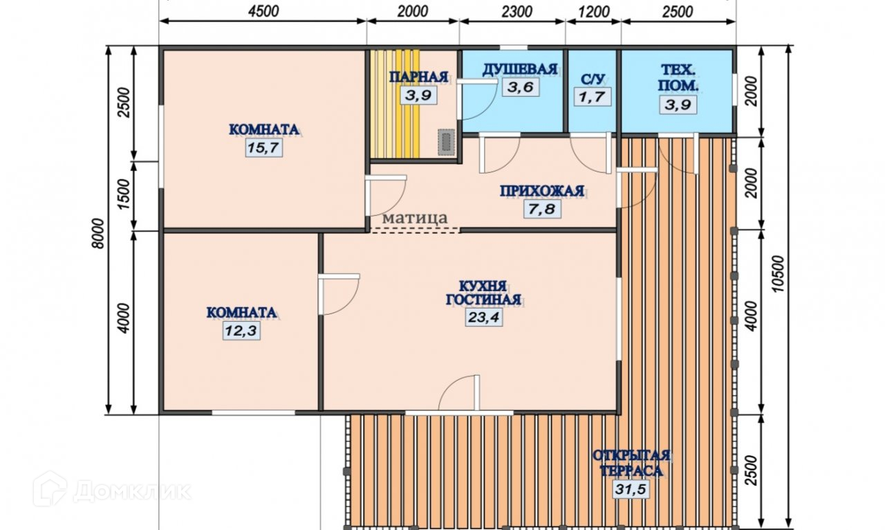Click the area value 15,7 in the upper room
coord(263,148)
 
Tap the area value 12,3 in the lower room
coord(241,330)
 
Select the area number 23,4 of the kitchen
coord(484,317)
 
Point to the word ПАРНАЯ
coord(419,77)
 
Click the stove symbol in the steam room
coord(447,142)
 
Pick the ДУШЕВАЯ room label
coord(519,69)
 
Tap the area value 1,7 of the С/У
coord(592,97)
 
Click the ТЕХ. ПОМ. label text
coord(678,78)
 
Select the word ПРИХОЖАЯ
coord(542,191)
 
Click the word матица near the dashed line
coord(416,218)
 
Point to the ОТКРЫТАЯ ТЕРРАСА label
coord(631,463)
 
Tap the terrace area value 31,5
coord(631,490)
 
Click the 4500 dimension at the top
coord(263,12)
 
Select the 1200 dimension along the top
coord(593,12)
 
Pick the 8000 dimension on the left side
coord(99,233)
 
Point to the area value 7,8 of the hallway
coord(543,209)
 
